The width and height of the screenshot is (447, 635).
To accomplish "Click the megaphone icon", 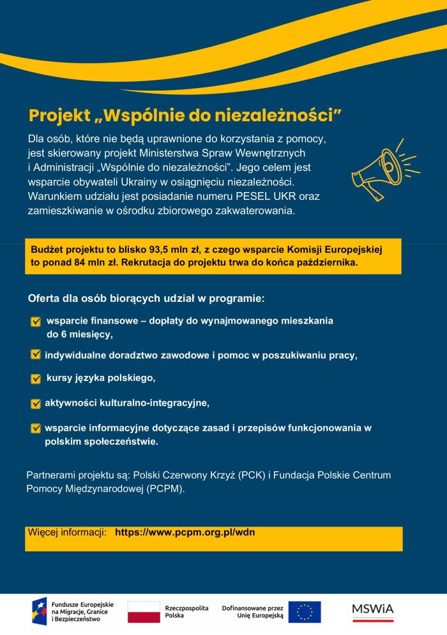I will point(382,168).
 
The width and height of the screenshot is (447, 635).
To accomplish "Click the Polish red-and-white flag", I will point(144,611).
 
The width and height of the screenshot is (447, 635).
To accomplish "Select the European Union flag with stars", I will point(304,611).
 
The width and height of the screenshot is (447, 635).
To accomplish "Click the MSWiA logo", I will point(373,611).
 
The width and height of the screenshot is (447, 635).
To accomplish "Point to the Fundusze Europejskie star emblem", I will point(39,611).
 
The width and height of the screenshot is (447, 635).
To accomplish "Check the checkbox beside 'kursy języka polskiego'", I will point(36,379).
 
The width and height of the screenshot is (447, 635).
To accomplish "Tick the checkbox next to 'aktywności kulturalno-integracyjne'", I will point(36,403).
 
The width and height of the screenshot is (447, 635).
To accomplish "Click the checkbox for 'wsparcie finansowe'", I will point(36,322).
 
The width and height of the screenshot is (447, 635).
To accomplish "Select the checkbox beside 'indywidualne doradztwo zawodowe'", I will point(36,355).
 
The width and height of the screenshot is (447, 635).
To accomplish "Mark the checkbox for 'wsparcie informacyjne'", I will point(36,428).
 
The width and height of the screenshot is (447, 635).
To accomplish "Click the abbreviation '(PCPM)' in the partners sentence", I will point(165,489).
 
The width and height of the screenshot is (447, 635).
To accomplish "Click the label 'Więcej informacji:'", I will point(66,532).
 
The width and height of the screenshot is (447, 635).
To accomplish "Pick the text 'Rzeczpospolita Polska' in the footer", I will point(186,611).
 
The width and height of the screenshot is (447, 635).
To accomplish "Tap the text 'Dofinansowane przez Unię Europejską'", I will point(252,611).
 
